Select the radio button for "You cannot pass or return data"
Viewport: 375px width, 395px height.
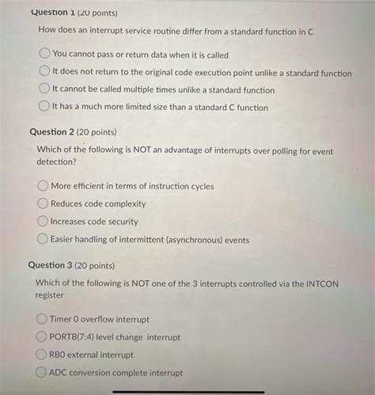(44, 55)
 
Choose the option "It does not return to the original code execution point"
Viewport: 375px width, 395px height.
(44, 73)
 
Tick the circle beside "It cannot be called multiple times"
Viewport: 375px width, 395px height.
(44, 90)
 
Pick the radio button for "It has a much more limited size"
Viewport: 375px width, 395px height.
(44, 108)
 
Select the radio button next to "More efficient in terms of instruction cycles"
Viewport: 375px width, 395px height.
(43, 186)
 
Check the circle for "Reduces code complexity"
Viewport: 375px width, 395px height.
(43, 203)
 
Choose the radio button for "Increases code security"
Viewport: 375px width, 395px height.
(43, 222)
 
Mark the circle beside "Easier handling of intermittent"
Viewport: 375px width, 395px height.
(43, 239)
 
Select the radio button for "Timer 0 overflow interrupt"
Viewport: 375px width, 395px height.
(41, 319)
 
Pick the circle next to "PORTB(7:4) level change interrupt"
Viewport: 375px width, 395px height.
(41, 336)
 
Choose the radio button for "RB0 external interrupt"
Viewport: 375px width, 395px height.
(41, 355)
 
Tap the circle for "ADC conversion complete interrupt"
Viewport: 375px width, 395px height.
(40, 372)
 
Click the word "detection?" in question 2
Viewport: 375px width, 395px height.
(57, 162)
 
